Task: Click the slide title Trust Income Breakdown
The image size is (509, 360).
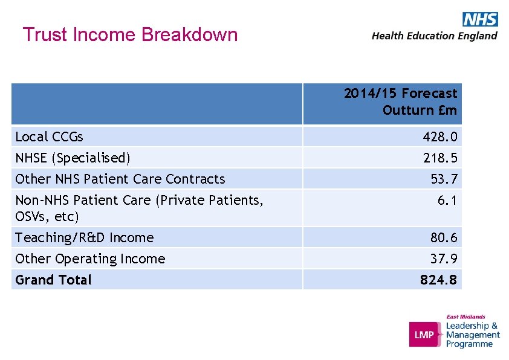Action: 130,34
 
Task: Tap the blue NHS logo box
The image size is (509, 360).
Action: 480,19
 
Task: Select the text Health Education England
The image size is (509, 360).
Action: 434,36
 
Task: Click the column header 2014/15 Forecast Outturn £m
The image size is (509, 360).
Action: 401,101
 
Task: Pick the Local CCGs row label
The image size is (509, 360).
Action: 50,137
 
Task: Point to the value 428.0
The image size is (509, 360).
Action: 440,137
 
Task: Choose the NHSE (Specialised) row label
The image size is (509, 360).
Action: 73,158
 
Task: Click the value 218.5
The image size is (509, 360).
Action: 440,158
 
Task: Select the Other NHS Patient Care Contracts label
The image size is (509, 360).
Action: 120,179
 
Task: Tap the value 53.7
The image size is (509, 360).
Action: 444,179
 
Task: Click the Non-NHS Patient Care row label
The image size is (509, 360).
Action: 139,207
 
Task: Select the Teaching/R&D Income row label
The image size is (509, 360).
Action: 85,237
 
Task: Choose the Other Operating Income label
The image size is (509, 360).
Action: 90,259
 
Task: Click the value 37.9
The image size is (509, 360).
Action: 444,259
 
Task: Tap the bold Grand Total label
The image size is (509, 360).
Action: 53,280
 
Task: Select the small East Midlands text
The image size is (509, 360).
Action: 465,317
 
